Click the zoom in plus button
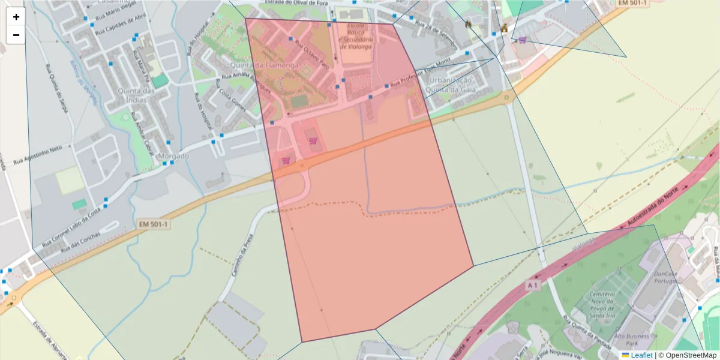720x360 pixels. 16,17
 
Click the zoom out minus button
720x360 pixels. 16,35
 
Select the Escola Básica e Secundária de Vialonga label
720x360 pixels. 356,37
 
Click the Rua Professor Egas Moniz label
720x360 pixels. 420,80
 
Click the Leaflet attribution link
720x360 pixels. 641,355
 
